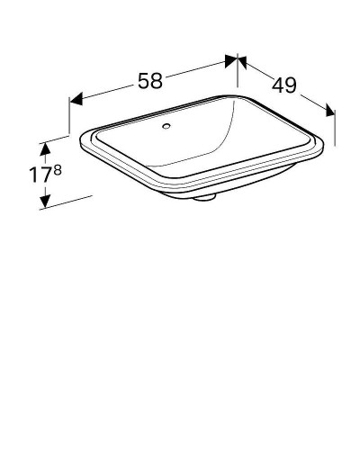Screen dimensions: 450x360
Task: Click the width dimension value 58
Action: [150, 80]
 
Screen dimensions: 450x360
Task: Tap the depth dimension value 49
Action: [285, 85]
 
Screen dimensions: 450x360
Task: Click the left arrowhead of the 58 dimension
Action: [76, 96]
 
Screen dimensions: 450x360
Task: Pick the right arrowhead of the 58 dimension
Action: [231, 60]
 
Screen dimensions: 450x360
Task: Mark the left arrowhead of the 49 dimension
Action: [244, 62]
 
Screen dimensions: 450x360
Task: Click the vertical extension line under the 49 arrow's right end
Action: [335, 130]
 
